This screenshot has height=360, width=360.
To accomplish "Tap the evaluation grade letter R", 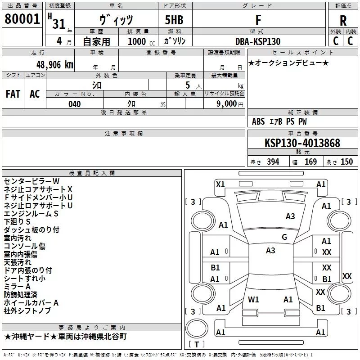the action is click(x=343, y=21).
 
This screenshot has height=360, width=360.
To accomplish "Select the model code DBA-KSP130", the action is click(x=258, y=41).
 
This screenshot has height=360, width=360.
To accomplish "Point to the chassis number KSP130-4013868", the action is click(x=302, y=143).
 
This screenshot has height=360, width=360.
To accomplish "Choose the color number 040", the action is click(x=74, y=104).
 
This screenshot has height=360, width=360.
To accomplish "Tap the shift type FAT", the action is click(x=13, y=94).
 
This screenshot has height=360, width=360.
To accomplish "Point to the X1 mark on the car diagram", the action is click(x=220, y=184).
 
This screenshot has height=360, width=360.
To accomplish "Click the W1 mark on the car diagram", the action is click(x=253, y=299).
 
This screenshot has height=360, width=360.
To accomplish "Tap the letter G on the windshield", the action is click(x=284, y=237).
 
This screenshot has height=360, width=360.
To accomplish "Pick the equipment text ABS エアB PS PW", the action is click(x=280, y=121).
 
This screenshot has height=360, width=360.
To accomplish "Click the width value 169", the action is click(x=310, y=162).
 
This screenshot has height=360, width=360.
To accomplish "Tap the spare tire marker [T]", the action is click(x=196, y=345).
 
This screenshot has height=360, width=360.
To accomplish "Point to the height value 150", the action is click(x=346, y=162).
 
